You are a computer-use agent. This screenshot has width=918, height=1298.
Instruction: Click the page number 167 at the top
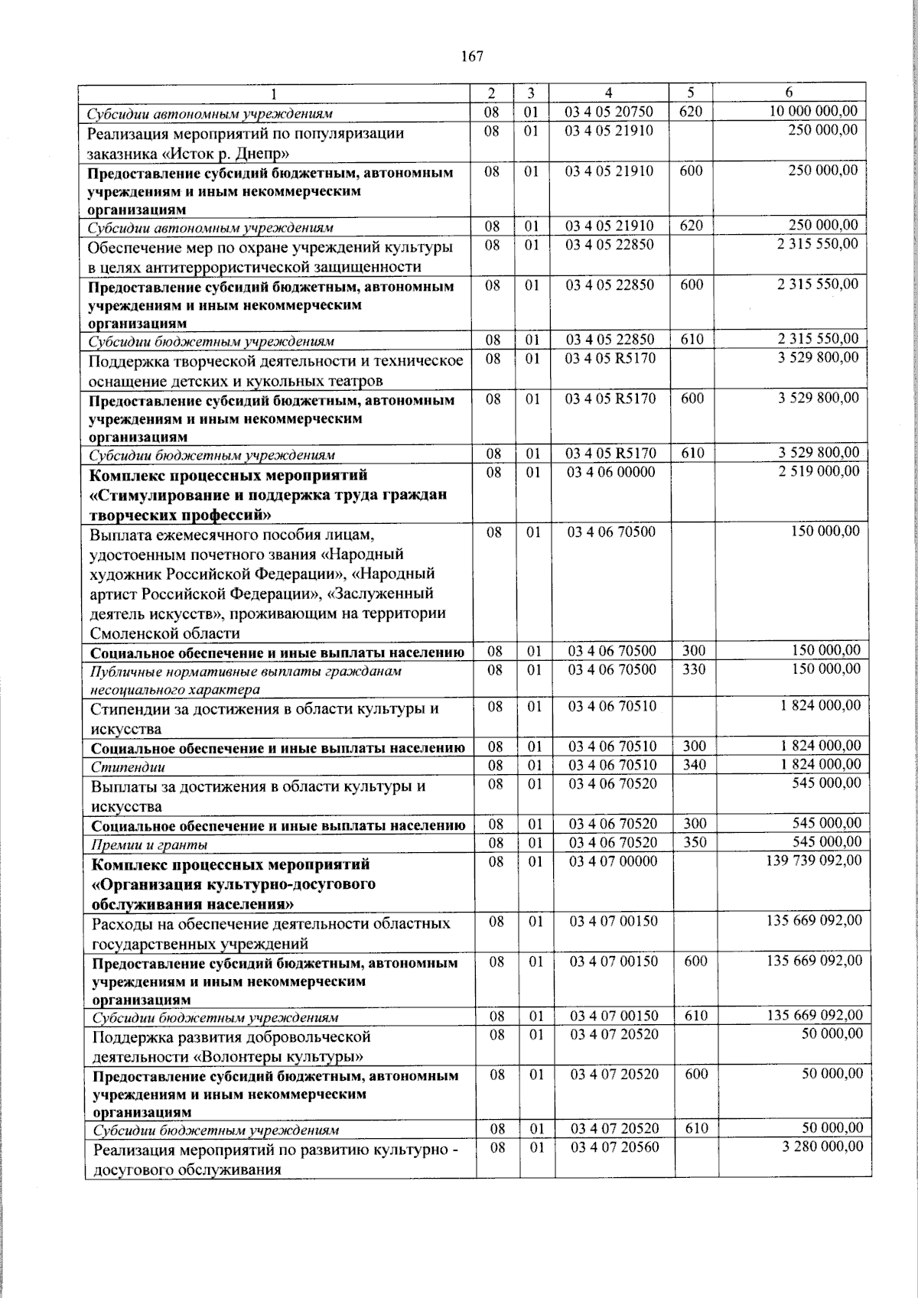(x=473, y=57)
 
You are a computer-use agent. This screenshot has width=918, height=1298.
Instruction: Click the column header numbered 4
(x=608, y=93)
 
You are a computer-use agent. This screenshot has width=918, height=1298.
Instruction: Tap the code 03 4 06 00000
(x=611, y=473)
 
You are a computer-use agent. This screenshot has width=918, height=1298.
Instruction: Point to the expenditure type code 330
(x=694, y=669)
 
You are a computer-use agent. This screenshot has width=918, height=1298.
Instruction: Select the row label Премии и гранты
(x=149, y=844)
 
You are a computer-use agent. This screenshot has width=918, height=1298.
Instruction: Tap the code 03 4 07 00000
(x=614, y=861)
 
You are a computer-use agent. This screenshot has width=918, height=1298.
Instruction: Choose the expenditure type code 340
(x=695, y=765)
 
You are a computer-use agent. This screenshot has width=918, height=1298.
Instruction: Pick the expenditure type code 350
(x=695, y=843)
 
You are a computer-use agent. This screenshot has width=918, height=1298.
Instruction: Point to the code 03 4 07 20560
(x=614, y=1147)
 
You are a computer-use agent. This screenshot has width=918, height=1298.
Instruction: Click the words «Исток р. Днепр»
(x=197, y=153)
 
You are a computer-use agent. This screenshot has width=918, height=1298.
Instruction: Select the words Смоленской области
(x=164, y=633)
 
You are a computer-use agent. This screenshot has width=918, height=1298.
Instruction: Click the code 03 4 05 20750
(x=609, y=112)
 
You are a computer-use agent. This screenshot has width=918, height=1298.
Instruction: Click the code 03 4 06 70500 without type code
(x=611, y=532)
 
